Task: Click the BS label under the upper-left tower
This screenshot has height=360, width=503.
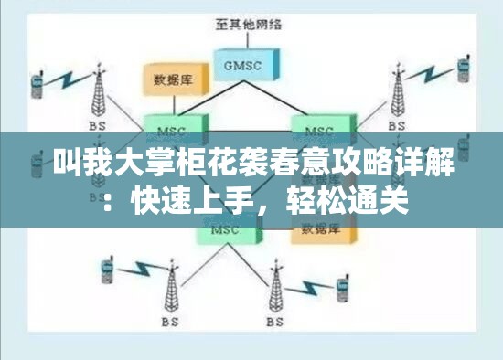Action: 96,124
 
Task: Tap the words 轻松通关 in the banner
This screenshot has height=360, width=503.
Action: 356,195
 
